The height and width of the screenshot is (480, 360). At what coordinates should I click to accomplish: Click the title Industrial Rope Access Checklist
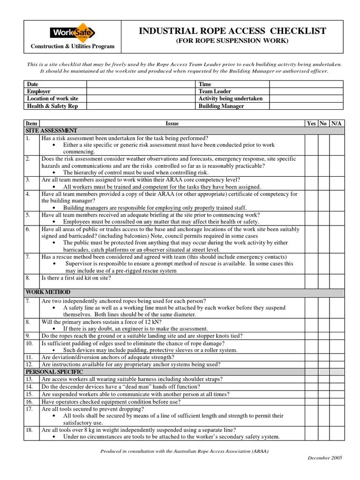pyautogui.click(x=232, y=31)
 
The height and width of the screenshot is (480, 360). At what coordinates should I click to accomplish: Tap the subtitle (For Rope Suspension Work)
pyautogui.click(x=232, y=41)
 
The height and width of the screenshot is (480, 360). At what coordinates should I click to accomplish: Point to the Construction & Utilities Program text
pyautogui.click(x=72, y=46)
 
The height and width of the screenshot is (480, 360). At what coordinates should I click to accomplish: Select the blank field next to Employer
pyautogui.click(x=141, y=91)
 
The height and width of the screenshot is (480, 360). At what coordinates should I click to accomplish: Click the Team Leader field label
pyautogui.click(x=215, y=91)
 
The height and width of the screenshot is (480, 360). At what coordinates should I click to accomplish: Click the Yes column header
pyautogui.click(x=311, y=123)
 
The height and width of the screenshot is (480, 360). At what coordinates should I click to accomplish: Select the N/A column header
pyautogui.click(x=337, y=123)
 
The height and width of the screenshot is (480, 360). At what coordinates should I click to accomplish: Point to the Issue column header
pyautogui.click(x=172, y=123)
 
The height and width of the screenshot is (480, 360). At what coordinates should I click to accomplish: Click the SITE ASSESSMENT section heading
pyautogui.click(x=52, y=130)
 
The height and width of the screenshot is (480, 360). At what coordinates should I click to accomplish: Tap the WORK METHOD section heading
pyautogui.click(x=48, y=292)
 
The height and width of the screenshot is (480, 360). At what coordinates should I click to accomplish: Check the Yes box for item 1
pyautogui.click(x=311, y=145)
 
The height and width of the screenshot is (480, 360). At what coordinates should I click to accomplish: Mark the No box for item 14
pyautogui.click(x=323, y=387)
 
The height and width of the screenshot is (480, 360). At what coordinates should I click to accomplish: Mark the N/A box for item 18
pyautogui.click(x=337, y=433)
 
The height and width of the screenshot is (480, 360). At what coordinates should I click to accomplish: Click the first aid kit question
pyautogui.click(x=76, y=278)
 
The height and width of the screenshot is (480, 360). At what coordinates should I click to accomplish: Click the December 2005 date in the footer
pyautogui.click(x=325, y=457)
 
